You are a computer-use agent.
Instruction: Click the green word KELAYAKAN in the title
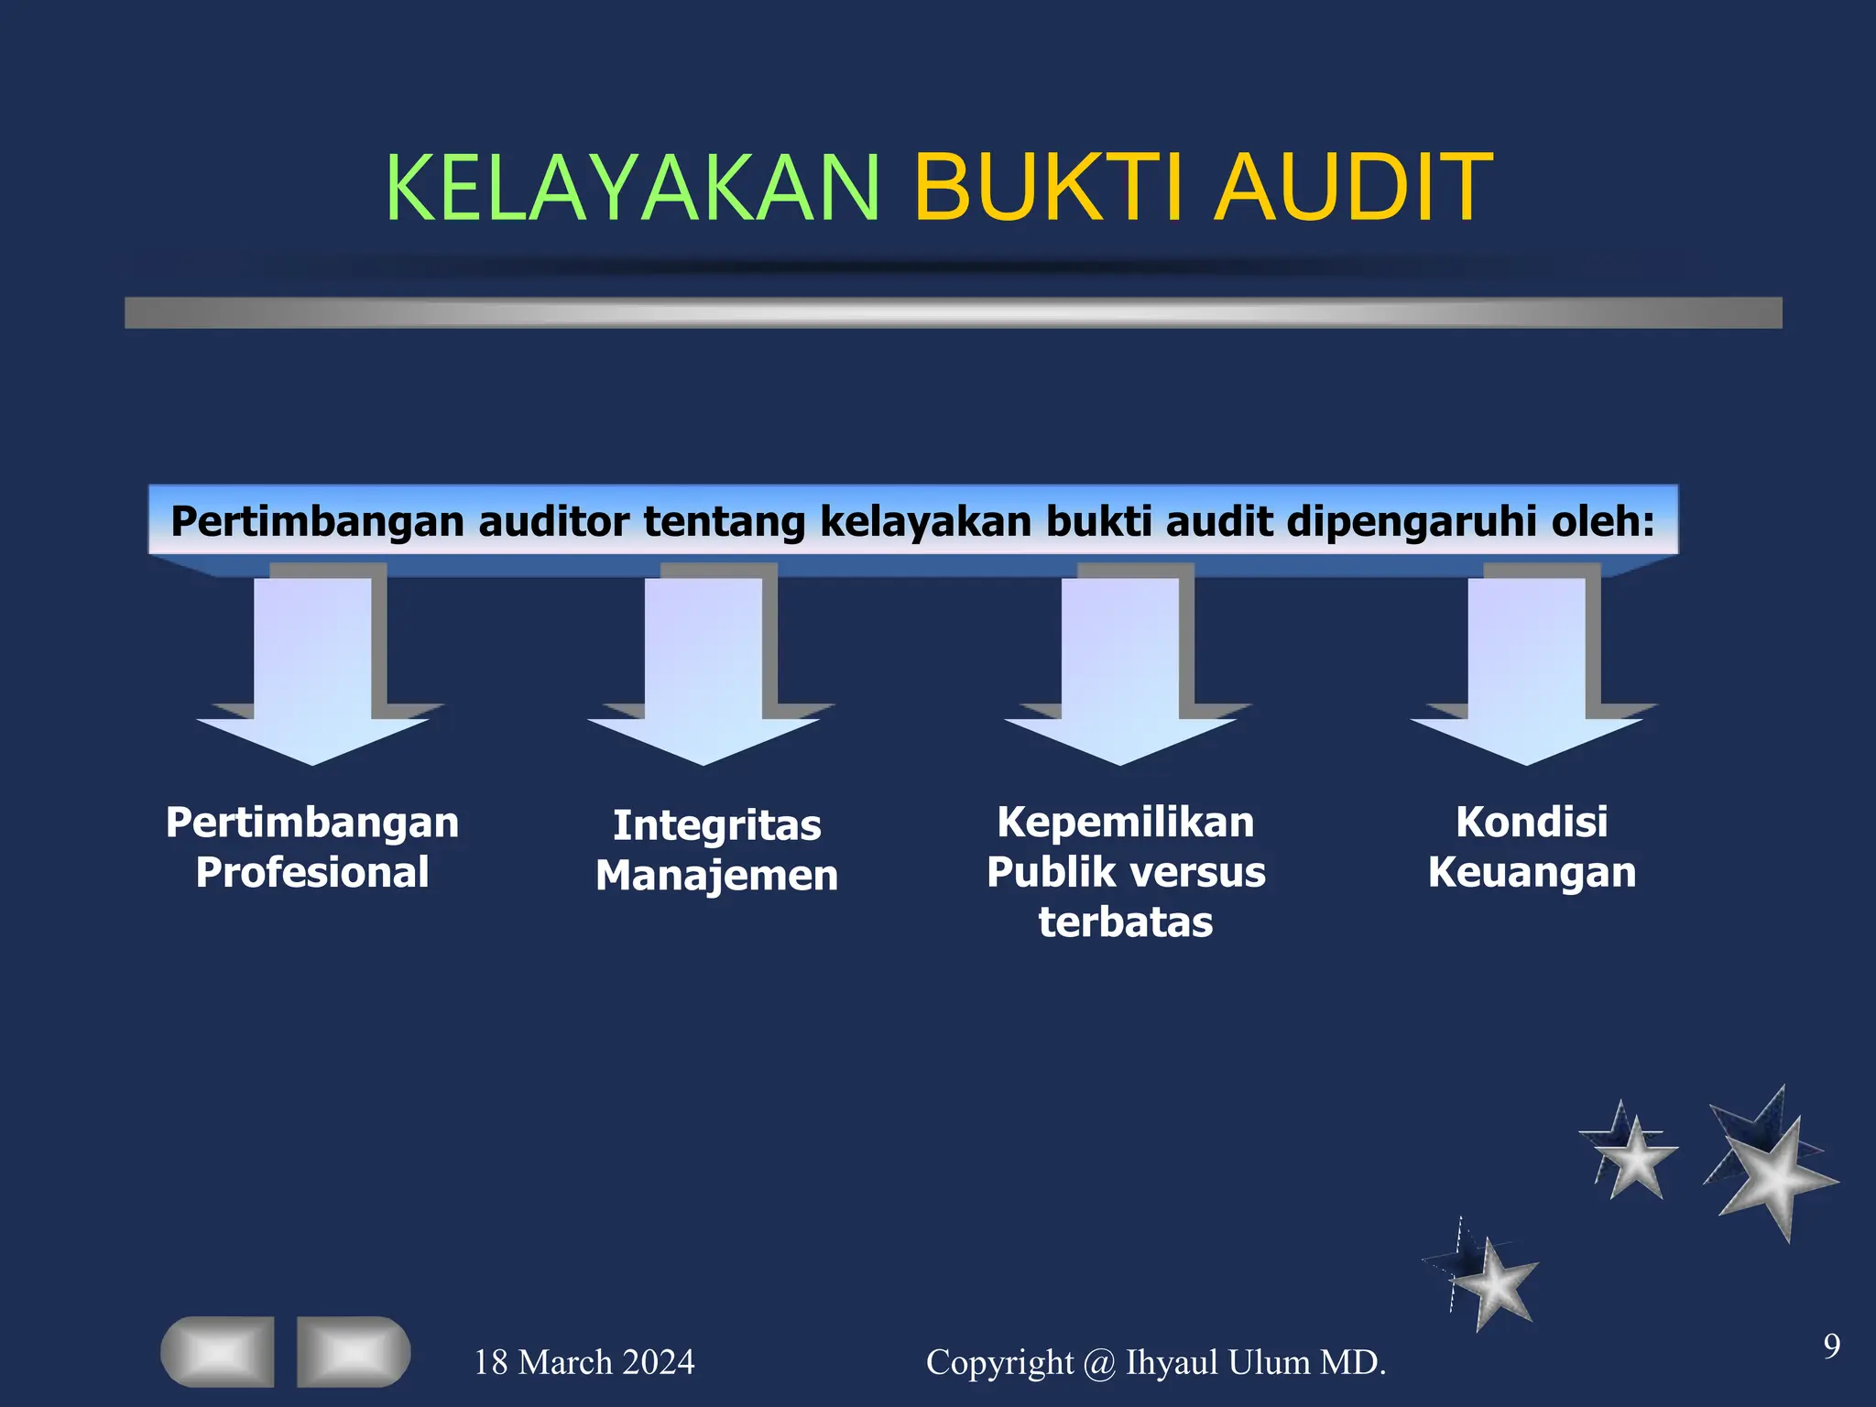(632, 188)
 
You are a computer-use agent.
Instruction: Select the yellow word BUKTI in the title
(1052, 188)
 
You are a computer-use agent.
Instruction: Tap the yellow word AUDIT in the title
(1354, 188)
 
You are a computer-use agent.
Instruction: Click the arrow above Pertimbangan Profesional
(313, 669)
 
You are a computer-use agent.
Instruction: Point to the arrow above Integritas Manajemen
(703, 669)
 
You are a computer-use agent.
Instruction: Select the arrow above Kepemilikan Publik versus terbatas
(1120, 669)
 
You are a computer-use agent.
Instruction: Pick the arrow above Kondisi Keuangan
(1527, 669)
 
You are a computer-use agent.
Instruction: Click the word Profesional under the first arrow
(312, 872)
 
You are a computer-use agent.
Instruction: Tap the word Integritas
(717, 825)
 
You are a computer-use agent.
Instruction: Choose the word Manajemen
(717, 876)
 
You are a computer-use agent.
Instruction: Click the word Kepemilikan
(1126, 823)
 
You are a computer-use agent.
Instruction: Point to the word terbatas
(1126, 922)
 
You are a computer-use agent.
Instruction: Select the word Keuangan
(1532, 872)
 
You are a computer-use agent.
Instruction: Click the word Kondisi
(1532, 822)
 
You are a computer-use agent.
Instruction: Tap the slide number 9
(1831, 1346)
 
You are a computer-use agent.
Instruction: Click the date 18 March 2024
(584, 1362)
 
